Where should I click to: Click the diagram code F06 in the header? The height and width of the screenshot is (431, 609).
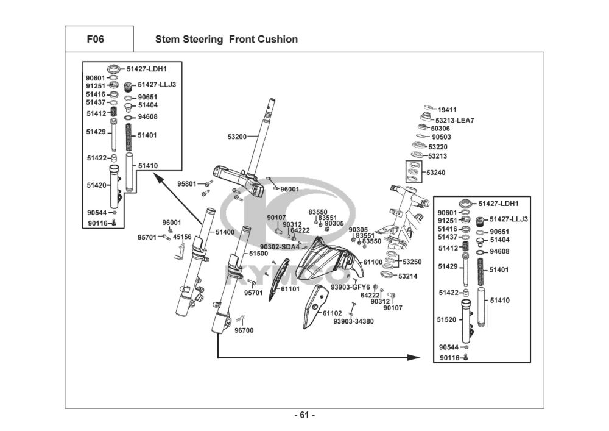click(x=96, y=39)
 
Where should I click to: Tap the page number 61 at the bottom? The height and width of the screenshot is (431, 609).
click(x=304, y=416)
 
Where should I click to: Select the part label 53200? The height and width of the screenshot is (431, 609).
click(x=237, y=137)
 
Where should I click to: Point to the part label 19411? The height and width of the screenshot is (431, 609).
click(x=447, y=110)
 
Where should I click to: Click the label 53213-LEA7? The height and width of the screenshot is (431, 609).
click(x=455, y=120)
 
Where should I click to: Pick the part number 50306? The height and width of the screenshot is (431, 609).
click(x=440, y=129)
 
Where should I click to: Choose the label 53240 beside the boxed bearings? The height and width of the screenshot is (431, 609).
click(x=435, y=173)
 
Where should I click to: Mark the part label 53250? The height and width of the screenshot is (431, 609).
click(x=412, y=262)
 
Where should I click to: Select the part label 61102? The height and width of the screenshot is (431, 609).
click(x=332, y=313)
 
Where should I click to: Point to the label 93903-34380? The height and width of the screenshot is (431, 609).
click(x=354, y=321)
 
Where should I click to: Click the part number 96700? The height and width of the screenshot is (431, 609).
click(x=244, y=330)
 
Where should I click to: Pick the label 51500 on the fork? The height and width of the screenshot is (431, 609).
click(x=258, y=252)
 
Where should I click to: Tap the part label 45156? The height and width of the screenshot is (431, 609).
click(x=182, y=237)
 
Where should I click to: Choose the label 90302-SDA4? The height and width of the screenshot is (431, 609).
click(x=280, y=247)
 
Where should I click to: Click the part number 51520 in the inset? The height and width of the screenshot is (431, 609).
click(x=446, y=319)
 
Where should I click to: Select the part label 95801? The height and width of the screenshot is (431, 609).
click(x=187, y=183)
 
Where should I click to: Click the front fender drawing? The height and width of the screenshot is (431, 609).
click(x=329, y=259)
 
